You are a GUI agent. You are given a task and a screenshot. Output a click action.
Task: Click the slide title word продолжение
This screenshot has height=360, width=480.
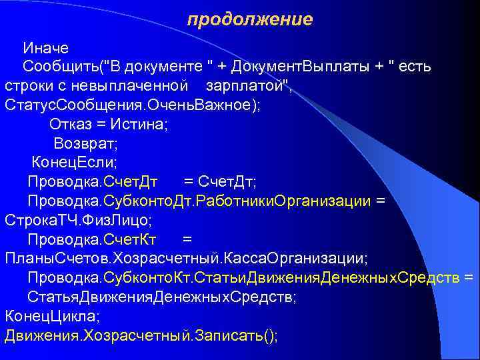point(249,20)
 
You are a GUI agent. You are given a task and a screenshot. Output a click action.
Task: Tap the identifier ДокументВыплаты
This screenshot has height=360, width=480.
point(303,67)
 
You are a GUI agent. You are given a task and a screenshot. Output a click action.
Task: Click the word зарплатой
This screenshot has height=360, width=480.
point(247,87)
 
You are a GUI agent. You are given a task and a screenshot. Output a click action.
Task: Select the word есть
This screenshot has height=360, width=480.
point(415,67)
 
